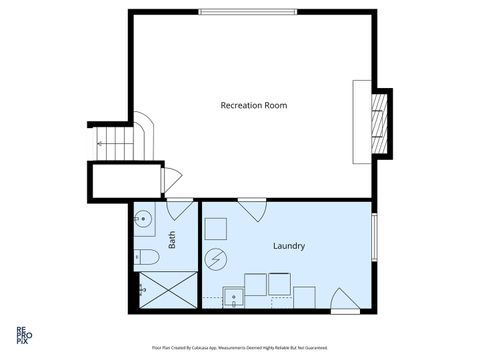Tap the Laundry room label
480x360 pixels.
click(x=288, y=246)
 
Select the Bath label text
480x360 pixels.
click(x=172, y=240)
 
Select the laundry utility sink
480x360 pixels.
click(x=233, y=296)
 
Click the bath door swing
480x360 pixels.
click(x=180, y=209)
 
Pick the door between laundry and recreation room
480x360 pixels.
click(x=251, y=209)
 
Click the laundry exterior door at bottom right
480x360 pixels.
click(x=344, y=300)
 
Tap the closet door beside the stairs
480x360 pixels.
click(x=169, y=180)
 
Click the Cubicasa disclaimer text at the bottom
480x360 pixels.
click(x=239, y=347)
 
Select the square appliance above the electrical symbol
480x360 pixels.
click(x=216, y=229)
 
